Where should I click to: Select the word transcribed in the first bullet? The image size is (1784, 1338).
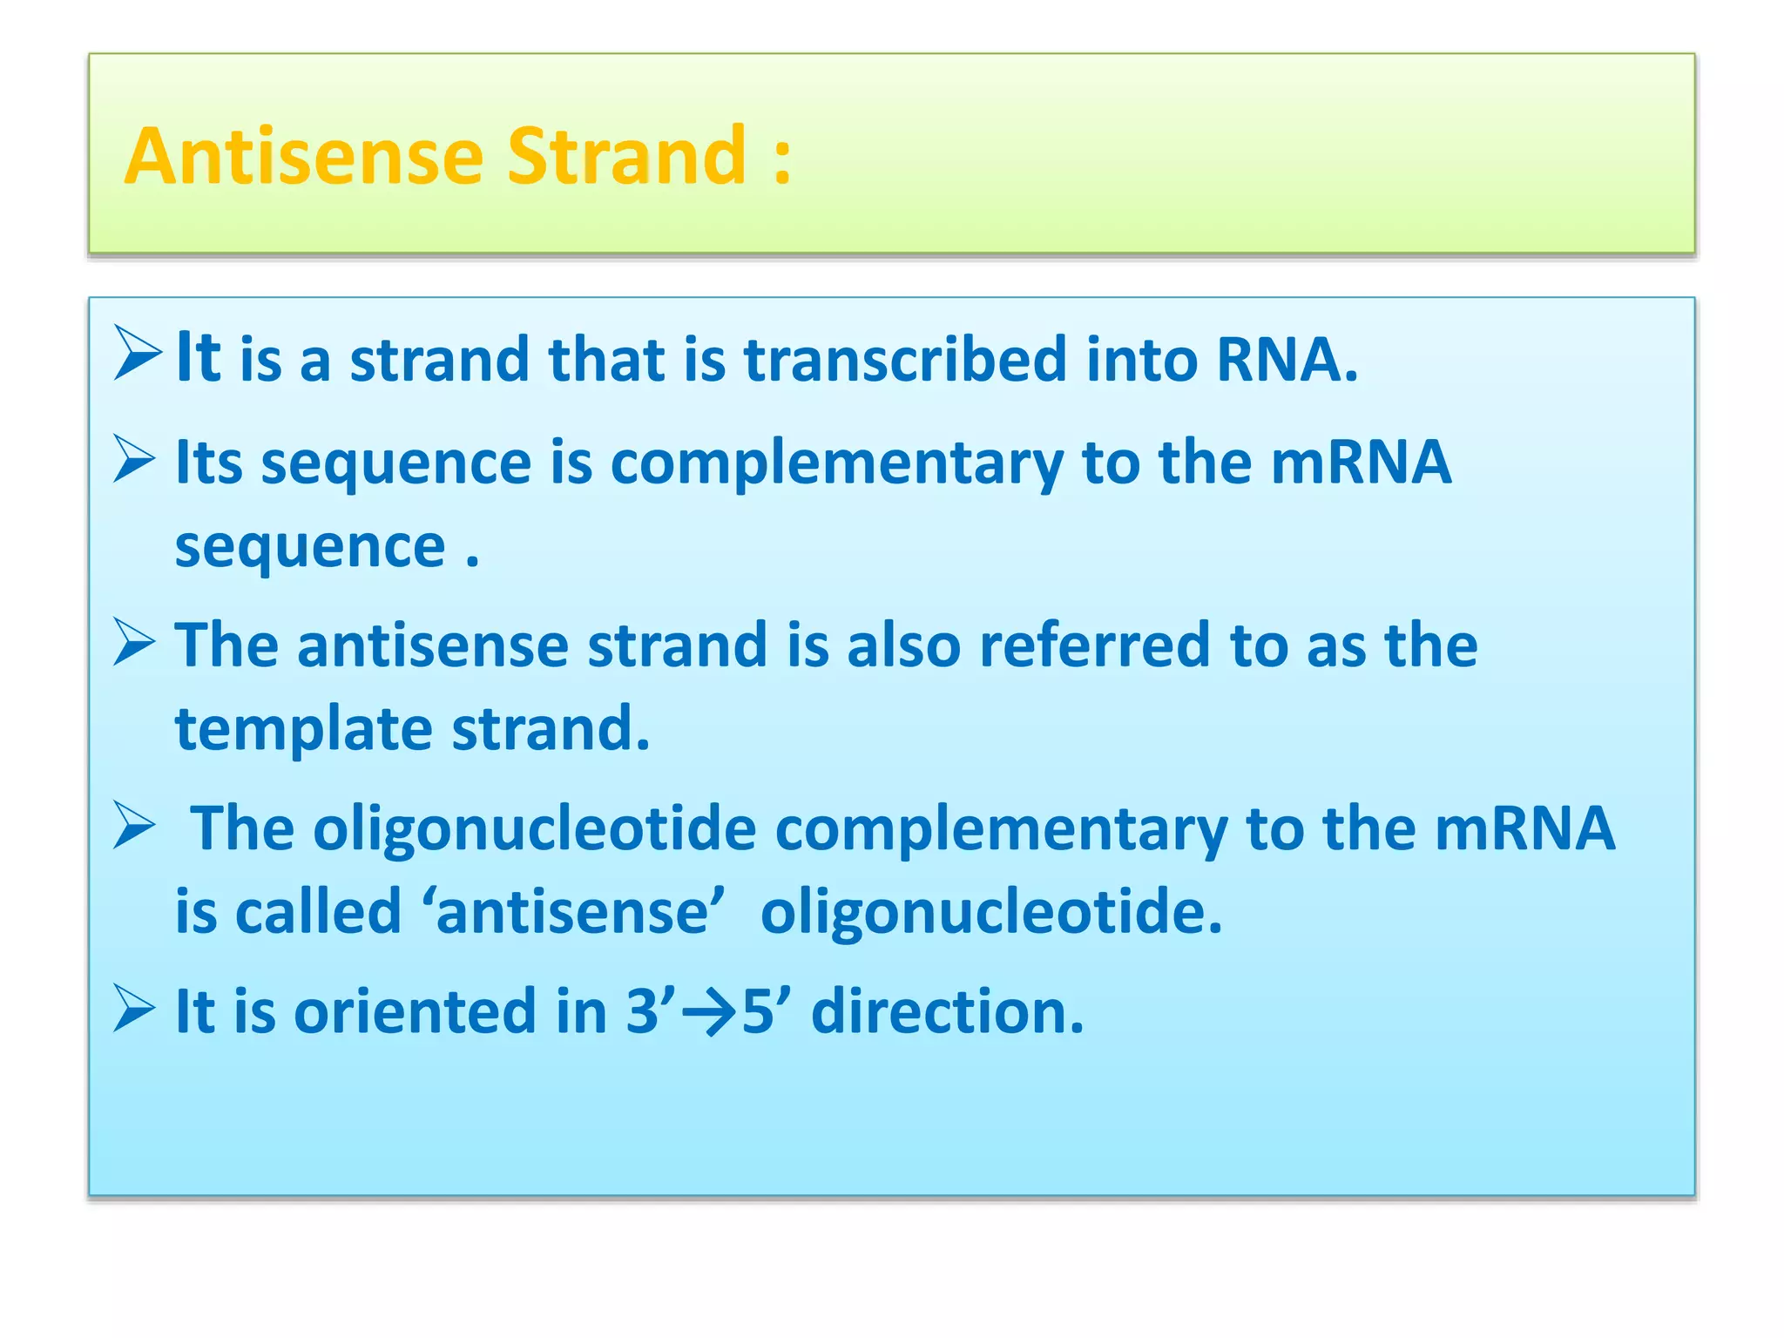pyautogui.click(x=905, y=359)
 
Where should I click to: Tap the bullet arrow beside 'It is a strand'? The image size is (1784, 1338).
pyautogui.click(x=138, y=354)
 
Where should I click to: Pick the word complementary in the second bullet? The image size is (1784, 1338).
pyautogui.click(x=836, y=463)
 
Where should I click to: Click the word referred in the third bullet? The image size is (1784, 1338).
pyautogui.click(x=1094, y=645)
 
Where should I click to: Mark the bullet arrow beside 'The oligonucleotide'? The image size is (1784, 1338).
pyautogui.click(x=135, y=826)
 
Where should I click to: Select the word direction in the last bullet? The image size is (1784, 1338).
pyautogui.click(x=948, y=1012)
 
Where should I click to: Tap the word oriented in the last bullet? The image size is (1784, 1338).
pyautogui.click(x=415, y=1012)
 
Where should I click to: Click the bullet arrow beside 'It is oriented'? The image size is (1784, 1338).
pyautogui.click(x=135, y=1010)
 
